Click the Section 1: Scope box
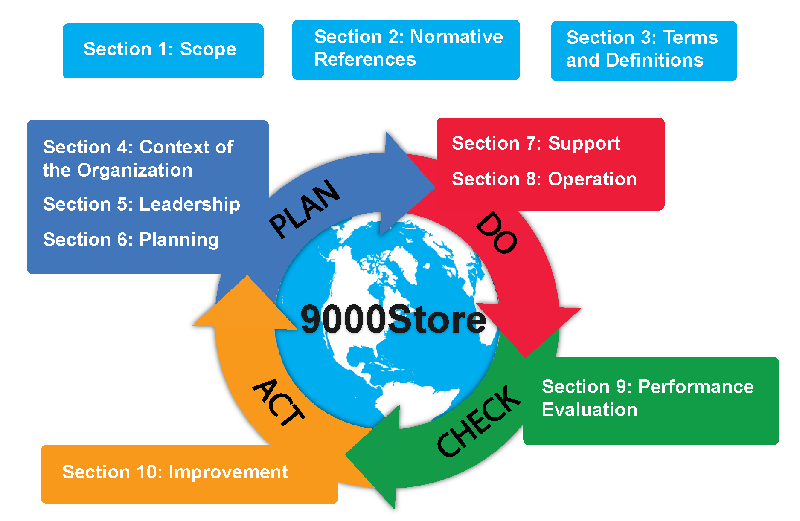pyautogui.click(x=163, y=51)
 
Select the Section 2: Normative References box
pyautogui.click(x=406, y=50)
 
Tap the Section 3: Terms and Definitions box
pyautogui.click(x=644, y=51)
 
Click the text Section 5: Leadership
pyautogui.click(x=142, y=205)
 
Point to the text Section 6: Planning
pyautogui.click(x=131, y=240)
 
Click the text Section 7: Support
pyautogui.click(x=536, y=144)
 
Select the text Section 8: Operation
pyautogui.click(x=544, y=179)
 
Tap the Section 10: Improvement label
pyautogui.click(x=175, y=472)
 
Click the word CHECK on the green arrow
pyautogui.click(x=479, y=420)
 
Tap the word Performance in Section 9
pyautogui.click(x=696, y=387)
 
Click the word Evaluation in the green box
pyautogui.click(x=590, y=410)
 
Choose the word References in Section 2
pyautogui.click(x=365, y=60)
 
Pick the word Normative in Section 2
pyautogui.click(x=457, y=37)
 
